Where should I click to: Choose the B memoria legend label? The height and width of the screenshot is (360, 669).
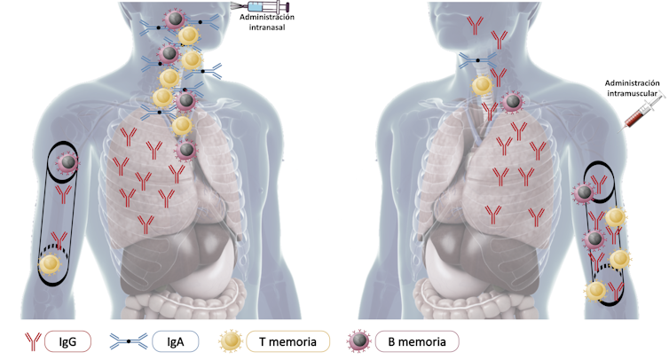pyautogui.click(x=417, y=340)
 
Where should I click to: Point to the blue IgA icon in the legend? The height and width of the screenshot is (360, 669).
pyautogui.click(x=130, y=340)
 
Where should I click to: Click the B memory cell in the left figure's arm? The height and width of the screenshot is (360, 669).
pyautogui.click(x=68, y=162)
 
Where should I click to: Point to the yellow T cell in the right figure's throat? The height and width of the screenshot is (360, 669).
pyautogui.click(x=482, y=86)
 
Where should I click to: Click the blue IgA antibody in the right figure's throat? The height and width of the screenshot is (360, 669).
pyautogui.click(x=477, y=60)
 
